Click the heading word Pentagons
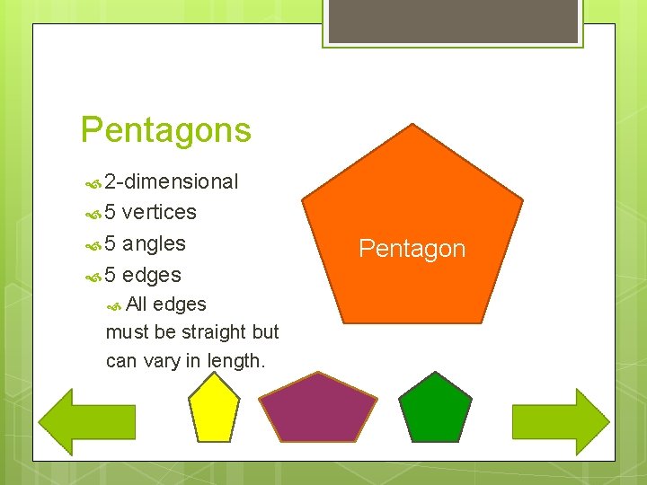coord(166,130)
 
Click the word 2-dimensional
coord(171,182)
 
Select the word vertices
coord(159,213)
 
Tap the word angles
coord(154,244)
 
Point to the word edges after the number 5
coord(152,276)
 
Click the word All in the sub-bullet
coord(137,304)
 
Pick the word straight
coord(213,332)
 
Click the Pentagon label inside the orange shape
coord(412,249)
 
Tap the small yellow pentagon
coord(214,410)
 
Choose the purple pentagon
coord(317,410)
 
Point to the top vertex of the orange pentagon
coord(412,125)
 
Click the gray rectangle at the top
coord(453,21)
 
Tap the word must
coord(127,332)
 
